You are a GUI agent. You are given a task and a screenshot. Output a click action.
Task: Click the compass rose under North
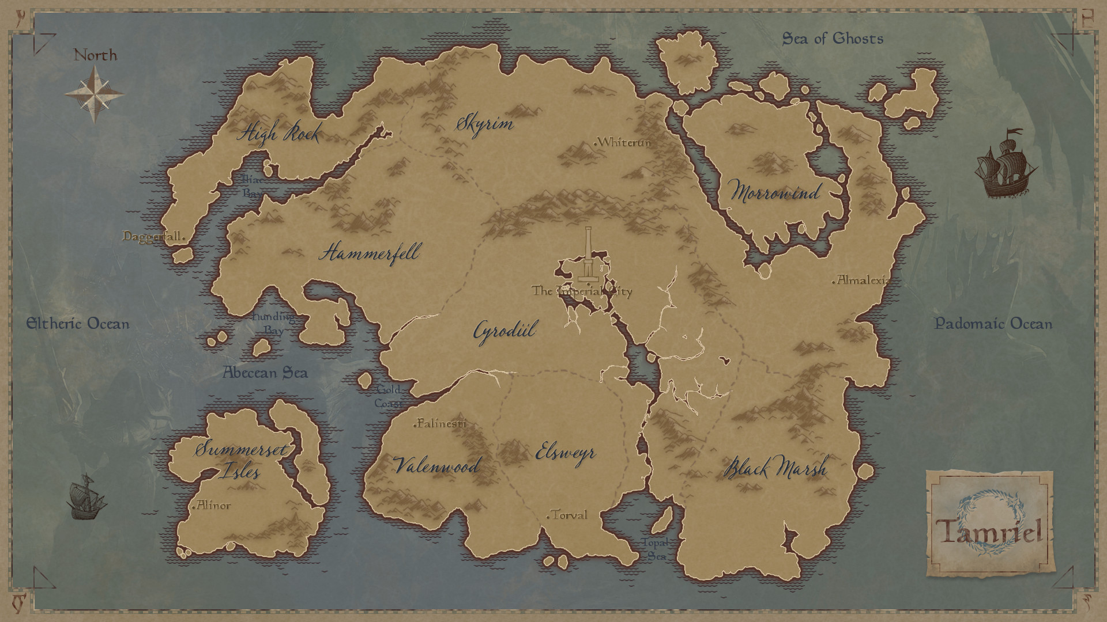coord(94,94)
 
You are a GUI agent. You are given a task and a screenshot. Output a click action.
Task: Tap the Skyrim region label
coord(484,123)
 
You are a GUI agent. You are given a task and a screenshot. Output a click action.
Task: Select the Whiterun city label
coord(623,142)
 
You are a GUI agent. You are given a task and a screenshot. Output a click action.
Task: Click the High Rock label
coord(279,134)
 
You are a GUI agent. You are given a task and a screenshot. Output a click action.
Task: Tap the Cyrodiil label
coord(505,331)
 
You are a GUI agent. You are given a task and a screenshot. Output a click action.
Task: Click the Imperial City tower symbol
coord(588,256)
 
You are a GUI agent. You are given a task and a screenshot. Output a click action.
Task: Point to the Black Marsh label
coord(775,468)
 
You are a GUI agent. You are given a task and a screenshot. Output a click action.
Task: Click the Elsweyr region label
coord(565,452)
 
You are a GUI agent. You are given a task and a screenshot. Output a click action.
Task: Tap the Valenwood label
coord(436,465)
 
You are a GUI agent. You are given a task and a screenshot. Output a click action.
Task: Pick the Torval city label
coord(568,515)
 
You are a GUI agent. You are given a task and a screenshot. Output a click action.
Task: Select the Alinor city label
coord(212,506)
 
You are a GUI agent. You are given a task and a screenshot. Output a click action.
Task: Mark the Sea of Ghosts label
coord(833,39)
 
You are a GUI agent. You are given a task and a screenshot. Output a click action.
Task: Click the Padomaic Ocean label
coord(993,324)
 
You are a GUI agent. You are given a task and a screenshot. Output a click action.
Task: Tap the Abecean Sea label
coord(265,373)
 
